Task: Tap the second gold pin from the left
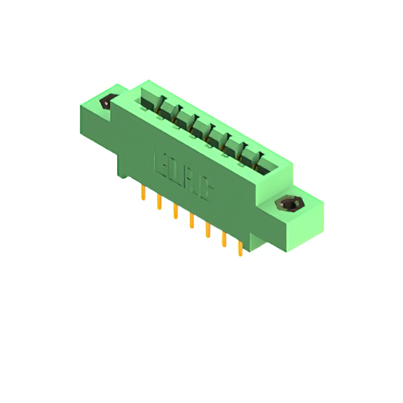[159, 202]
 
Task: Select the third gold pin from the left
[176, 211]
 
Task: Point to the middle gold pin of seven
[191, 220]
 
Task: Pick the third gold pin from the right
[207, 230]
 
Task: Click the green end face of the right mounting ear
[309, 224]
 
